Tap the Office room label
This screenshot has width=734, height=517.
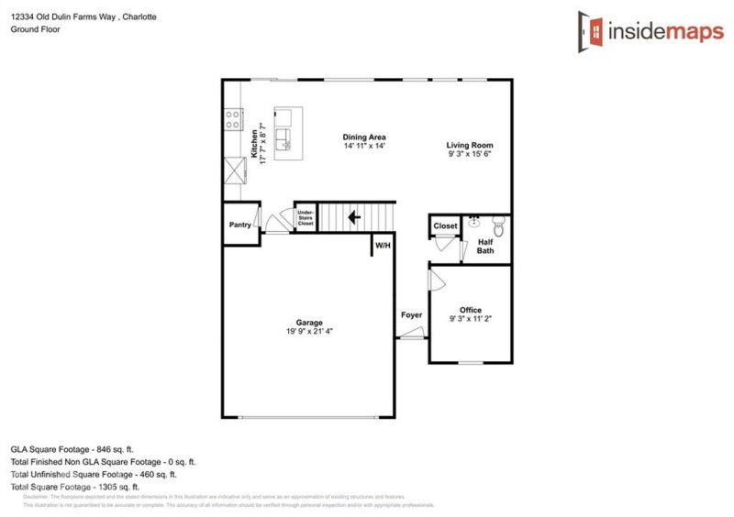point(471,311)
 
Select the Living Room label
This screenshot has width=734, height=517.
point(470,146)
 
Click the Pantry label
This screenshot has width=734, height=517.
point(240,225)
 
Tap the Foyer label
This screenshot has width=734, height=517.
point(412,315)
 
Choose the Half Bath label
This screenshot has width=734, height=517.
point(485,247)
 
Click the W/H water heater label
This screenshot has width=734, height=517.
point(383,245)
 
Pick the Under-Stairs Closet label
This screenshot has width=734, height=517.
point(306,217)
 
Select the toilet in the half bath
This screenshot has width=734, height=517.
point(499,225)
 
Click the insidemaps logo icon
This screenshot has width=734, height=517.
point(589,29)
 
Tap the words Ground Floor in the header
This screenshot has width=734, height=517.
point(34,29)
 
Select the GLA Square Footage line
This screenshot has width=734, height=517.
point(72,449)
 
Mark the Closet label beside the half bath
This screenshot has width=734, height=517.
point(446,225)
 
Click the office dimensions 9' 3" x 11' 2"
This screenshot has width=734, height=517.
point(471,321)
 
